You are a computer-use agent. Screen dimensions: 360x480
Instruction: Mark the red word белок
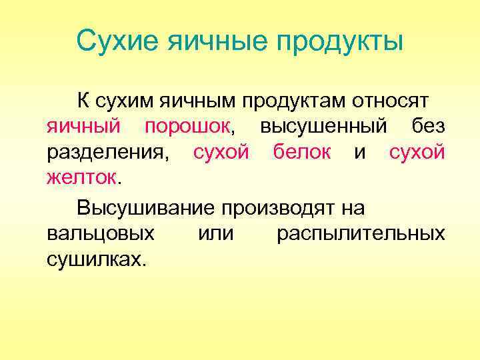302,153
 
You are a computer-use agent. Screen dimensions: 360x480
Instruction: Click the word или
216,234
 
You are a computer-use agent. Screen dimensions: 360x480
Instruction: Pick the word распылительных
361,235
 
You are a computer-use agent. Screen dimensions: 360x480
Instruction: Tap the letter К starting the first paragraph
83,101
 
